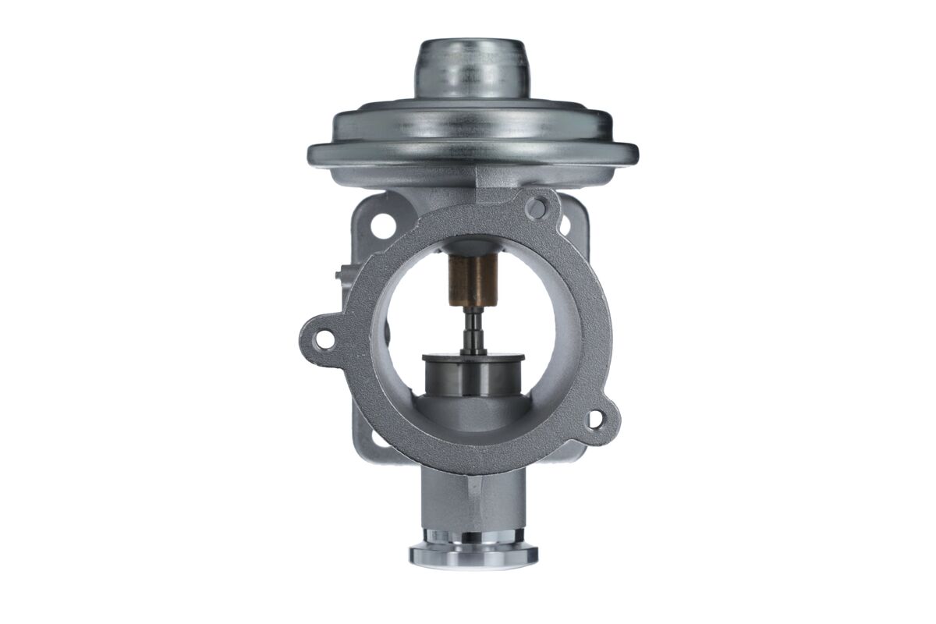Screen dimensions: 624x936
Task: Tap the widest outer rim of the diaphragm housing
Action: (x=473, y=154)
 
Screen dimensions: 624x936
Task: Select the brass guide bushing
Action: (x=473, y=282)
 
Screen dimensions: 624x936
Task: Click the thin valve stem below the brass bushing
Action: (x=473, y=331)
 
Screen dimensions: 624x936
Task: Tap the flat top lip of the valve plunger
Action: (x=473, y=358)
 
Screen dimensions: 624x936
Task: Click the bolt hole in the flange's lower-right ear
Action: (x=594, y=420)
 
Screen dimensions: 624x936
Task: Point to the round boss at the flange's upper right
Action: (x=536, y=207)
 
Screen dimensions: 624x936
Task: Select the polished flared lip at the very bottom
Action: (x=473, y=555)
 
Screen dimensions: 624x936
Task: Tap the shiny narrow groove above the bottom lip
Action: (x=473, y=537)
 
